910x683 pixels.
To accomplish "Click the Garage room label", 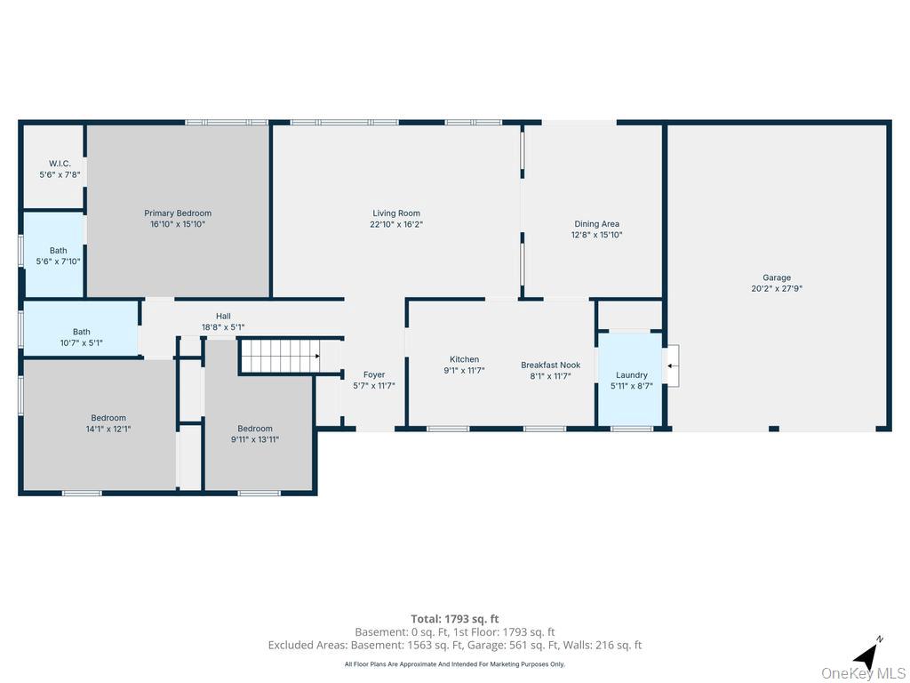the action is tap(777, 277).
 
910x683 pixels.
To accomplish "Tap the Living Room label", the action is tap(396, 213).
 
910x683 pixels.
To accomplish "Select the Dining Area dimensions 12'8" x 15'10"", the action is tap(596, 235).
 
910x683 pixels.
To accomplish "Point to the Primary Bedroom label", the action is tap(178, 213).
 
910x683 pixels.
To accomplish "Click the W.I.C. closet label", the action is tap(60, 164).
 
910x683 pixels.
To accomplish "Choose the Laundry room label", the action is tap(632, 375).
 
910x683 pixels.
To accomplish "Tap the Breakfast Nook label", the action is tap(551, 365).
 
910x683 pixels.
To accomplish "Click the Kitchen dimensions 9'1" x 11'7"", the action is tap(464, 370).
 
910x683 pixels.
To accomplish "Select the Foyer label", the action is tap(374, 374).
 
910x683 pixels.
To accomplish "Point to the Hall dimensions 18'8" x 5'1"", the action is tap(223, 327).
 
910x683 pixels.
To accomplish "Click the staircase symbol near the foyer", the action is tap(280, 356).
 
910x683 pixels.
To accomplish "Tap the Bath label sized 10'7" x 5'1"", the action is tap(81, 332).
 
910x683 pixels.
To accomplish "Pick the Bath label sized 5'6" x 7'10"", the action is tap(58, 250).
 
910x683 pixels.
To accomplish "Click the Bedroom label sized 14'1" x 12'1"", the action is tap(108, 418).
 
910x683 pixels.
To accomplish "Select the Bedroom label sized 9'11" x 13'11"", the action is tap(255, 429).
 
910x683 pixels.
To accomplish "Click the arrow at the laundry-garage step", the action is tap(674, 366).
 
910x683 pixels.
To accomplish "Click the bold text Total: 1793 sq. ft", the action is tap(455, 619).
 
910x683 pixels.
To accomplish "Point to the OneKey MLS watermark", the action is tap(863, 673).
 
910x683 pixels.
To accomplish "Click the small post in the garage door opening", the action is tap(774, 430).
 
